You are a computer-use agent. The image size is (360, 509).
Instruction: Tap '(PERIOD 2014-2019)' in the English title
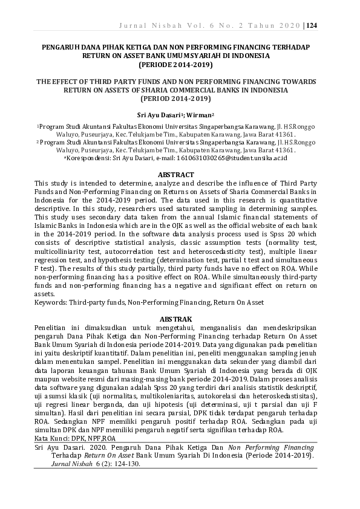coord(175,97)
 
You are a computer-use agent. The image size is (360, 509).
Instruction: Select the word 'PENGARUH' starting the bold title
coord(59,46)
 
